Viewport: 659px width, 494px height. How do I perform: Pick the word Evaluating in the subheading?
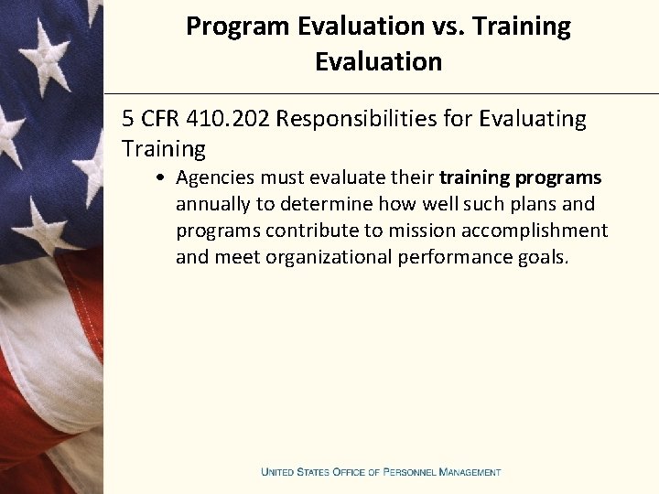(x=534, y=119)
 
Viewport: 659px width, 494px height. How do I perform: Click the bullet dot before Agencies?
(x=160, y=177)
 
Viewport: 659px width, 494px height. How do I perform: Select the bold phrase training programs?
(x=521, y=177)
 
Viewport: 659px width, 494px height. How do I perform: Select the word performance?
(x=449, y=257)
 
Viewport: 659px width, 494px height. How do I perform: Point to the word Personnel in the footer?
(x=409, y=472)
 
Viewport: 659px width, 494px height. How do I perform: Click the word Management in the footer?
(x=470, y=472)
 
